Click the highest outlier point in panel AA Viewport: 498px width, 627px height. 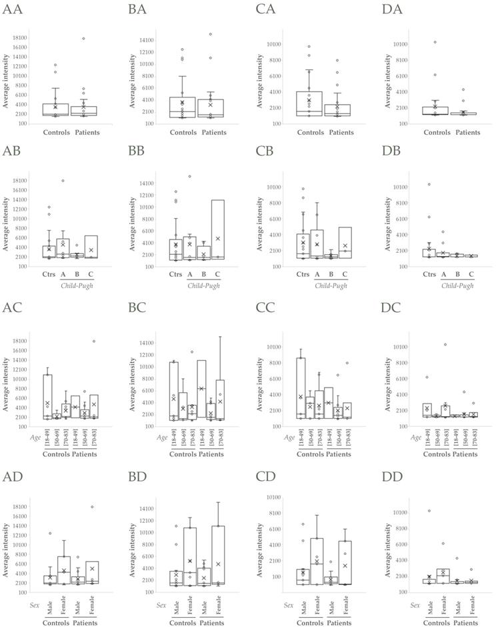(x=83, y=39)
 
